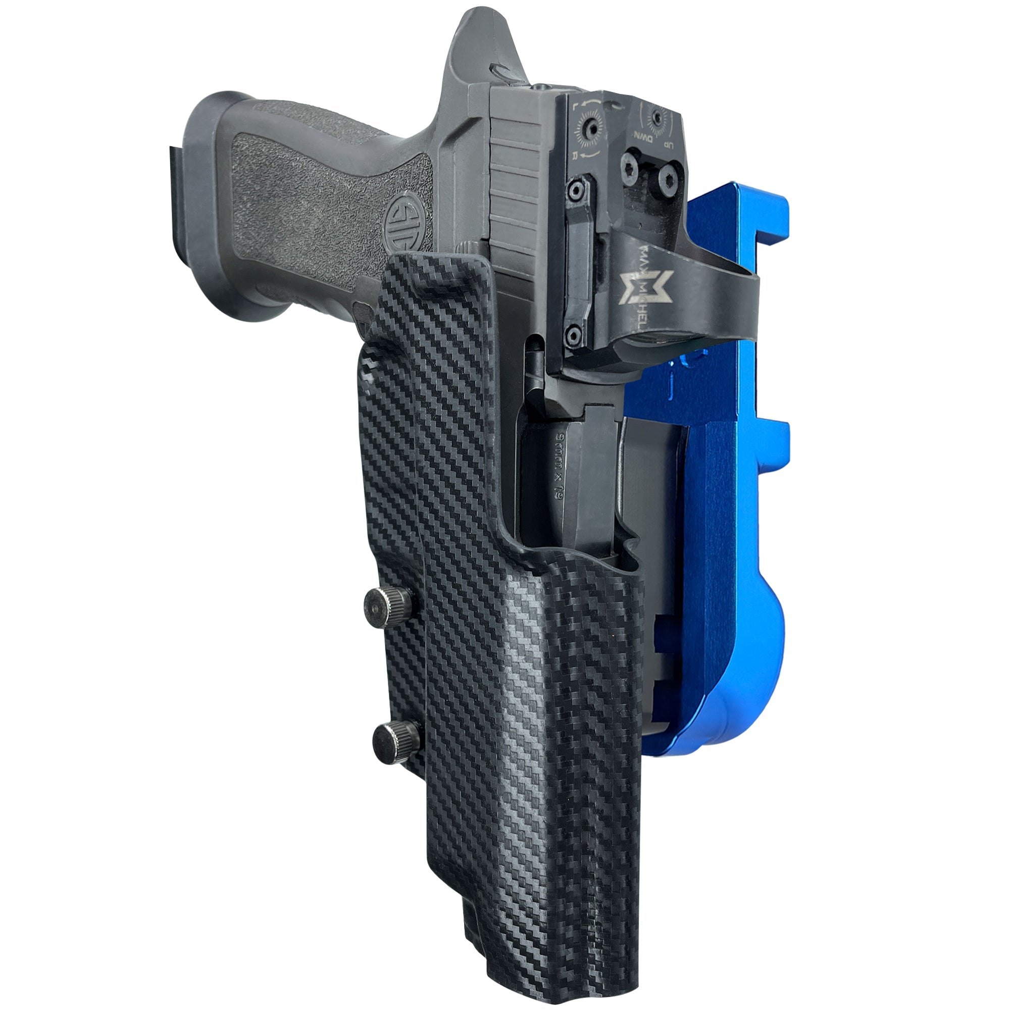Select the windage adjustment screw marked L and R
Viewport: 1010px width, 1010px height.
coord(592,128)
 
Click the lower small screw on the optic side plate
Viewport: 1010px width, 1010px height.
coord(574,332)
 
